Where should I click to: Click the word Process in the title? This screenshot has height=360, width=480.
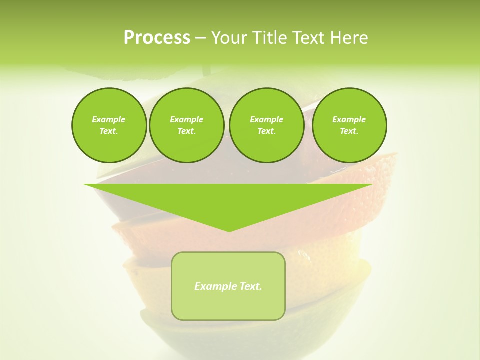[x=157, y=38]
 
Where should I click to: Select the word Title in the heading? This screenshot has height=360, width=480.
[x=270, y=38]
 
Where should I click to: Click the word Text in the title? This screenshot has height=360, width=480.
[x=309, y=38]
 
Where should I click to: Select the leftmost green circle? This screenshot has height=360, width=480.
[x=109, y=125]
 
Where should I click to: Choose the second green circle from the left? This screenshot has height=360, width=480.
[x=186, y=125]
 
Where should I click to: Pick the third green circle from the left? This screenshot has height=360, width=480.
[x=266, y=125]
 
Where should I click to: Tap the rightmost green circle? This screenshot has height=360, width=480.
[x=349, y=125]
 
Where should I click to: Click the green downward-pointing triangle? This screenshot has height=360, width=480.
[x=228, y=200]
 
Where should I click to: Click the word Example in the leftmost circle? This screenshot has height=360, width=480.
[x=109, y=119]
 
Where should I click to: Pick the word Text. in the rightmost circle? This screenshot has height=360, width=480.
[x=349, y=131]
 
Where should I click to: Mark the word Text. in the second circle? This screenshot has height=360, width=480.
[x=186, y=131]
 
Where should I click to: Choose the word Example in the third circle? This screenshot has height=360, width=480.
[x=266, y=119]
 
